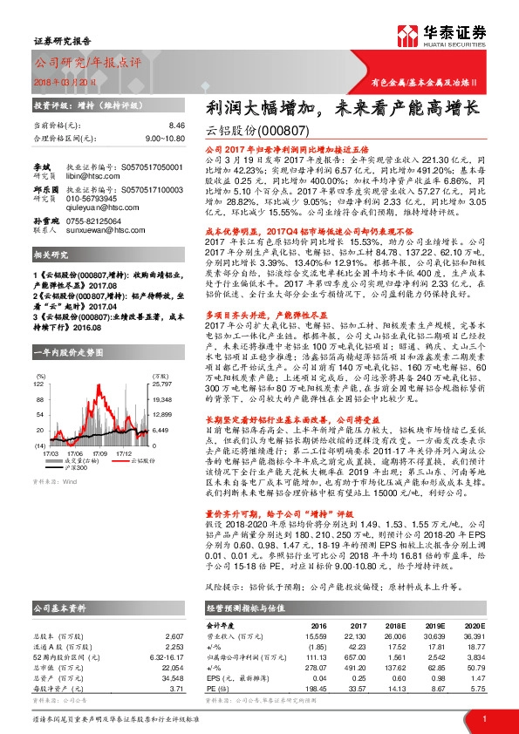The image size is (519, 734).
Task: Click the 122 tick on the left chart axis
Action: point(39,359)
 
